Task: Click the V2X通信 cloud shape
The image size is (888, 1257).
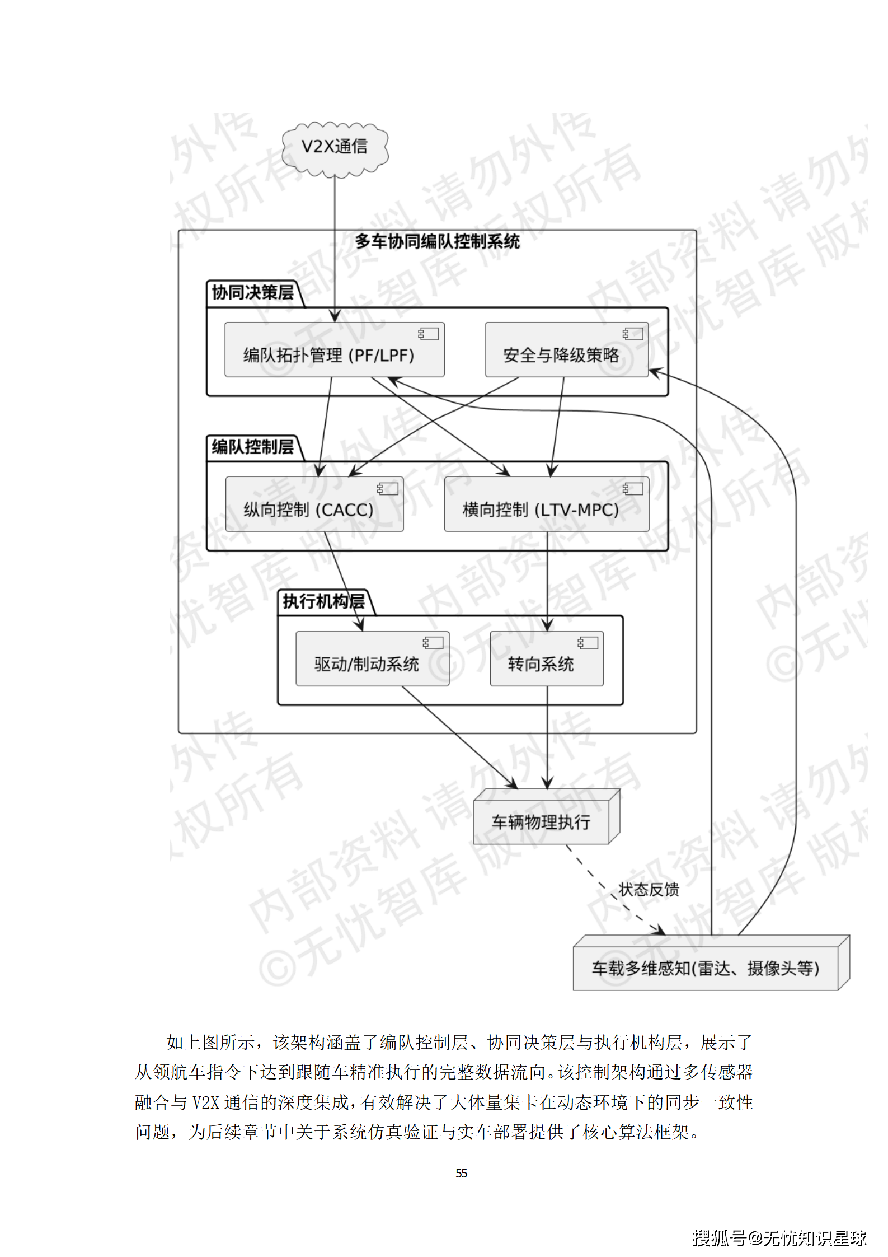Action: [335, 147]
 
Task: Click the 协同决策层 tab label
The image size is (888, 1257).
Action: [253, 293]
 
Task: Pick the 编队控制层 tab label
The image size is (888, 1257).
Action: [253, 447]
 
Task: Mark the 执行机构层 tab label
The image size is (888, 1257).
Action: [323, 602]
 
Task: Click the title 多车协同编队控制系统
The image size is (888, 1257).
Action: [437, 242]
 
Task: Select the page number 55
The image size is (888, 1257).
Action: [461, 1173]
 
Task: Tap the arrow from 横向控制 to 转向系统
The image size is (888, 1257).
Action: [547, 582]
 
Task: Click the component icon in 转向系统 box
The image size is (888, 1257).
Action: [588, 643]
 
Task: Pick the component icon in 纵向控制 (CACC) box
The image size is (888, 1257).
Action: [388, 489]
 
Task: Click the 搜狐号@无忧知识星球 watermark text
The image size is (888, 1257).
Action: [779, 1238]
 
